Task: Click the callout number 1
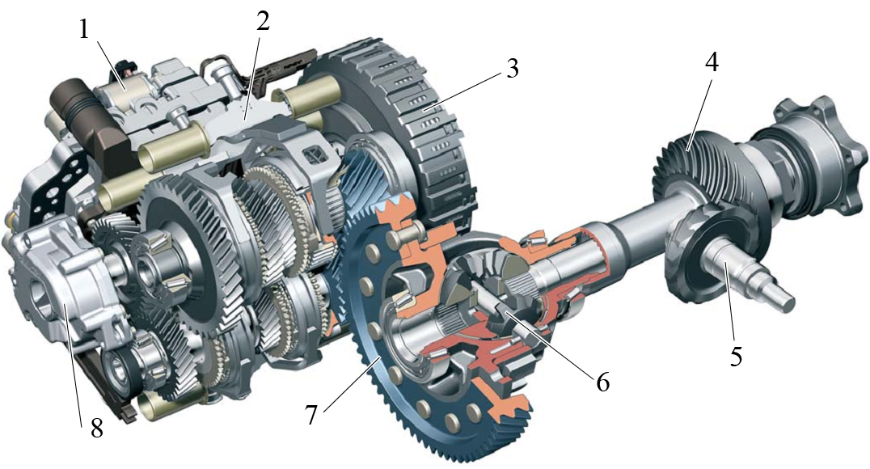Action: (84, 29)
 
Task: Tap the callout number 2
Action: (263, 21)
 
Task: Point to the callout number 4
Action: (712, 63)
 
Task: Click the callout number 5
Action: (736, 356)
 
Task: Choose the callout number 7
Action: (311, 414)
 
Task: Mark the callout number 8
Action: (96, 428)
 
